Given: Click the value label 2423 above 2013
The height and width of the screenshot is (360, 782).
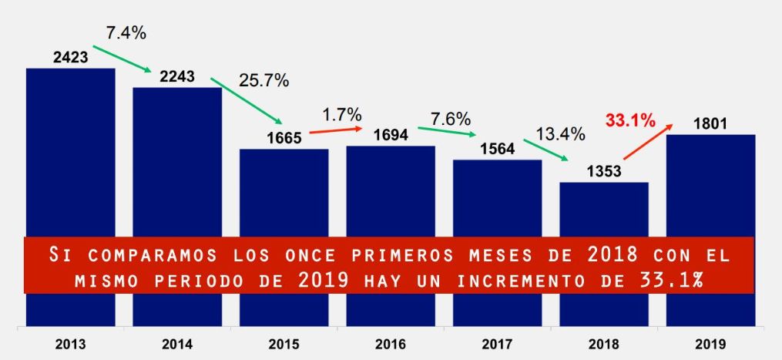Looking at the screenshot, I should [x=70, y=57].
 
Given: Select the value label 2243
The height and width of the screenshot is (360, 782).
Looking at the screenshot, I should [x=177, y=76].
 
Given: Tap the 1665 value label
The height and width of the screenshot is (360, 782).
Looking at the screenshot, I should [x=285, y=139].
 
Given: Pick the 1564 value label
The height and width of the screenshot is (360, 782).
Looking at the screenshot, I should [x=497, y=150].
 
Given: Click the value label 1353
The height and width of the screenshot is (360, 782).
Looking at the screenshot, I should [x=604, y=172].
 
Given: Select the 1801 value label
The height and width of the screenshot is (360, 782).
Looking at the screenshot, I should [x=710, y=124].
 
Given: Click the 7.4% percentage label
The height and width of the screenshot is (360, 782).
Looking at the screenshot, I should [x=126, y=33].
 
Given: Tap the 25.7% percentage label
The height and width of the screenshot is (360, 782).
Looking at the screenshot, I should [x=263, y=80].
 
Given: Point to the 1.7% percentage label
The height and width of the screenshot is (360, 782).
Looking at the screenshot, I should [x=342, y=114].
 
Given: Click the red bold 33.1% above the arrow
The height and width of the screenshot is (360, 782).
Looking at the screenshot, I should [x=630, y=120].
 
